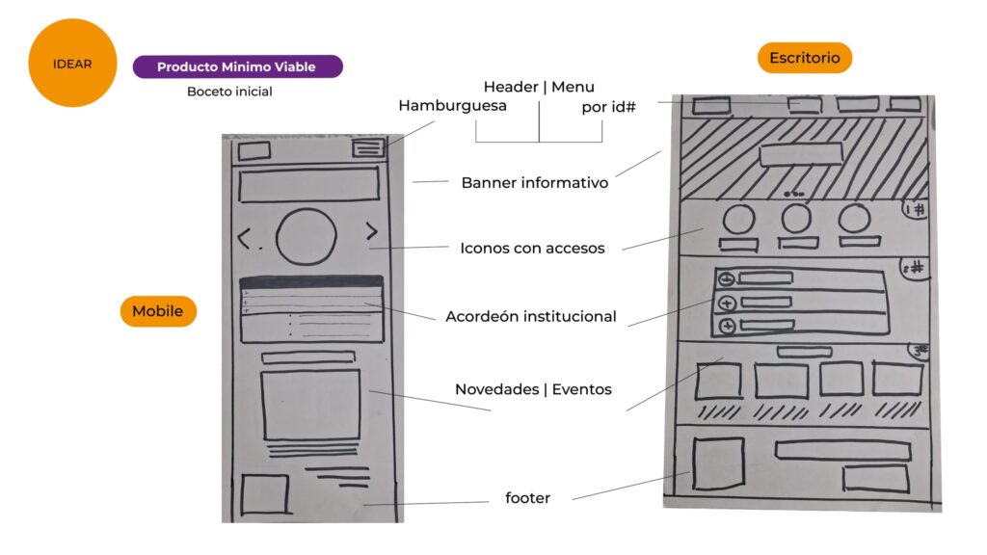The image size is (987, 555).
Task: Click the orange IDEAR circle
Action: tap(72, 64)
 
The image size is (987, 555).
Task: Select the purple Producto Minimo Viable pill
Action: tap(237, 66)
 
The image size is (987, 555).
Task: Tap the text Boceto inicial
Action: tap(229, 92)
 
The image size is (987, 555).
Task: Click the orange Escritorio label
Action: tap(804, 58)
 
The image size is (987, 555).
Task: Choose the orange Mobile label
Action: tap(158, 311)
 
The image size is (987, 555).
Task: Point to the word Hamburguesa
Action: tap(452, 106)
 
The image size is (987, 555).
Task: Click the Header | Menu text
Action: tap(539, 87)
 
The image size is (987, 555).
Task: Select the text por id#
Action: tap(610, 107)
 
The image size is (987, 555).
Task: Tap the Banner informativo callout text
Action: tap(534, 182)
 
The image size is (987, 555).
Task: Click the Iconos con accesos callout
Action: tap(532, 249)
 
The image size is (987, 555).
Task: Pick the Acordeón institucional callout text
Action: tap(530, 316)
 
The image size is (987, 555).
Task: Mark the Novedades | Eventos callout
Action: tap(533, 389)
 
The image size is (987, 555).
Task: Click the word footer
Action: tap(527, 498)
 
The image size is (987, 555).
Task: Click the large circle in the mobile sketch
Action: tap(306, 236)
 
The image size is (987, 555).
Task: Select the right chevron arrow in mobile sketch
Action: tap(371, 231)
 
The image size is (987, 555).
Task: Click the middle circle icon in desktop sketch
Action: tap(795, 219)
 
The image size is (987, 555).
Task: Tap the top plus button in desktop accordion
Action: tap(727, 279)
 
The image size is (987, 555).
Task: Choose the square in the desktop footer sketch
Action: tap(718, 462)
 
